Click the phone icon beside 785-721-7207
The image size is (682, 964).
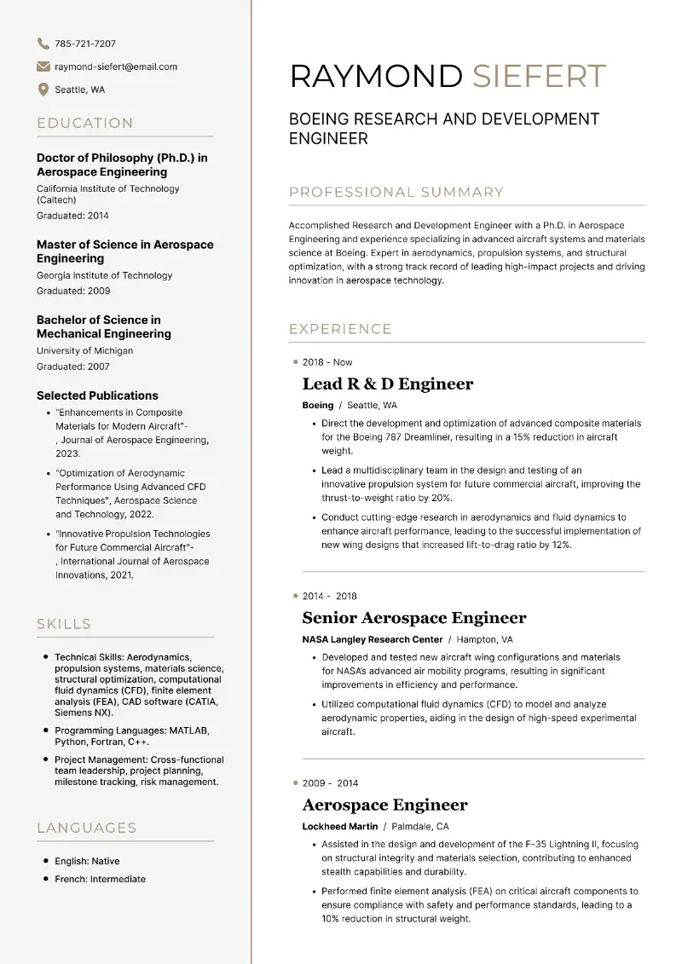[x=43, y=43]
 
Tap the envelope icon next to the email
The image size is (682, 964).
[x=43, y=66]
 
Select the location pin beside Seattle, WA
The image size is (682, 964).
[x=43, y=89]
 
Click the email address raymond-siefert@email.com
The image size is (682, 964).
[x=116, y=66]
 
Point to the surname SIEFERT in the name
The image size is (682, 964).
[x=539, y=76]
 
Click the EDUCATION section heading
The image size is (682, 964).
[x=85, y=123]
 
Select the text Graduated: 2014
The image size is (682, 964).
[x=72, y=216]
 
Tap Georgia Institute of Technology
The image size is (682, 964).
[x=104, y=275]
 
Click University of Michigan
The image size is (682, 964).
[x=84, y=350]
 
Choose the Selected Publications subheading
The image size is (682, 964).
[x=97, y=395]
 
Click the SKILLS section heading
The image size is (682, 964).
[x=64, y=624]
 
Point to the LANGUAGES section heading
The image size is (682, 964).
[x=86, y=828]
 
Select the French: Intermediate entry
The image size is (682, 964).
[x=100, y=879]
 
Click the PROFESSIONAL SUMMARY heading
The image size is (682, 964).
[x=396, y=193]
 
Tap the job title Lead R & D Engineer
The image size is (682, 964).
[x=388, y=384]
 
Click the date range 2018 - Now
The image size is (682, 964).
[x=327, y=362]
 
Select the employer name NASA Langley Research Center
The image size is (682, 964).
[x=373, y=639]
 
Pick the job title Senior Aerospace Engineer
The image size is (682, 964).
[x=414, y=618]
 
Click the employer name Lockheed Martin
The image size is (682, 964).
[x=339, y=826]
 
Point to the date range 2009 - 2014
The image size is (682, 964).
[x=330, y=783]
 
